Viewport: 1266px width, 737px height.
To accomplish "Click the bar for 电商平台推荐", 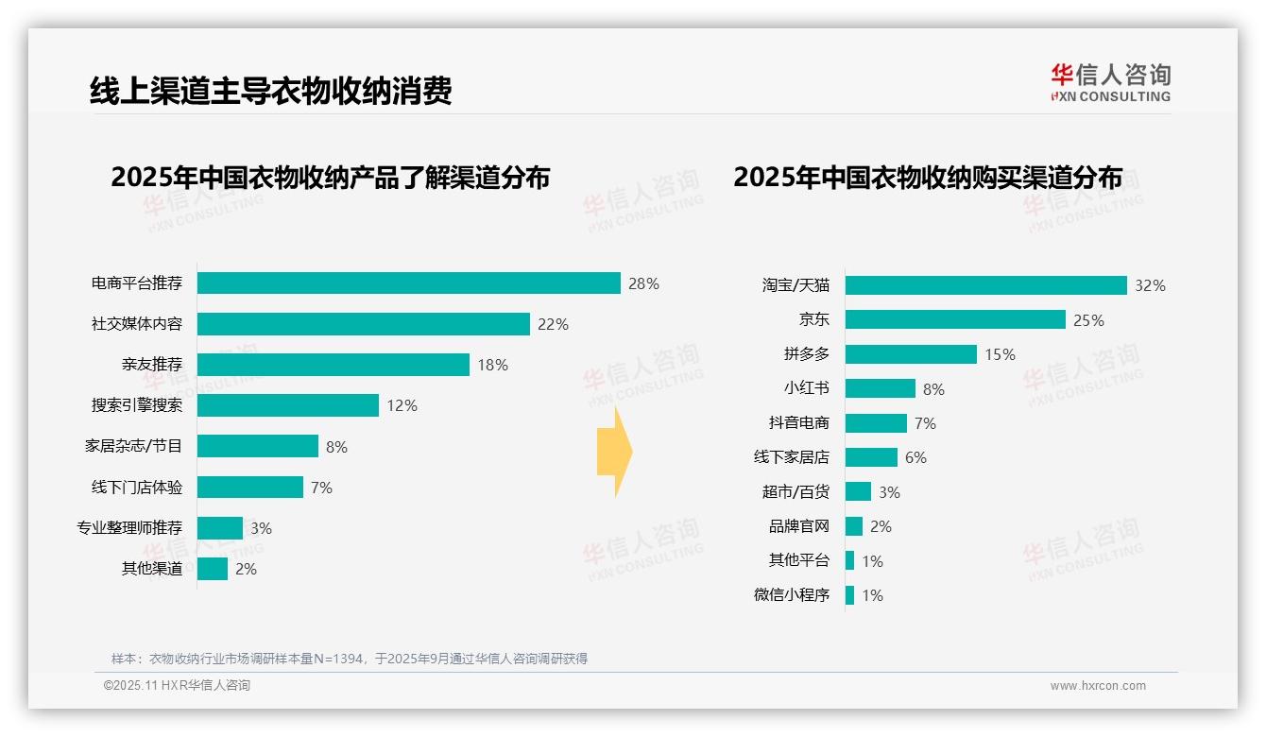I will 408,283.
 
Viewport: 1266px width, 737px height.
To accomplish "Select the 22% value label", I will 553,324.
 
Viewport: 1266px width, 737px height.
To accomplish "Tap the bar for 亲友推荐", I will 333,365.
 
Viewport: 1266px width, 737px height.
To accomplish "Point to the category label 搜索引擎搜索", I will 137,405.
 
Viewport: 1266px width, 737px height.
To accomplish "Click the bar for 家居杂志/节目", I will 257,446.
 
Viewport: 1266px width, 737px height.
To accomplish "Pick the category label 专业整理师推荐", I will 129,527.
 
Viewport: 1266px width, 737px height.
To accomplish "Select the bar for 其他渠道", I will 213,569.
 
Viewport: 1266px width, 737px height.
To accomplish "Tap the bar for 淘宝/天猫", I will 985,285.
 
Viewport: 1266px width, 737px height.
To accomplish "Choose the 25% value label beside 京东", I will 1088,320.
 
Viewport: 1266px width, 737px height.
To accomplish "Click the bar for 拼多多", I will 911,354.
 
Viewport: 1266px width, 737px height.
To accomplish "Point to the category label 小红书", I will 806,388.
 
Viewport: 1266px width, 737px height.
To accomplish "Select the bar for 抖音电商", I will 876,423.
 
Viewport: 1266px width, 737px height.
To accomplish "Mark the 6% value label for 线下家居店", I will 915,457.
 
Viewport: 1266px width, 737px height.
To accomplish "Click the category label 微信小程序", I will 791,595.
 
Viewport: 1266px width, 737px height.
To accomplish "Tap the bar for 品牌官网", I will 854,526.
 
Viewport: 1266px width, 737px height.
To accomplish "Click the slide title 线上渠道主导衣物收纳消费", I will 271,91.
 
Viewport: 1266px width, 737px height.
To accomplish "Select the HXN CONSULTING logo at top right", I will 1110,83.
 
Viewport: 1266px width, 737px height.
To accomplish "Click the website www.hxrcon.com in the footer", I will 1098,686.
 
